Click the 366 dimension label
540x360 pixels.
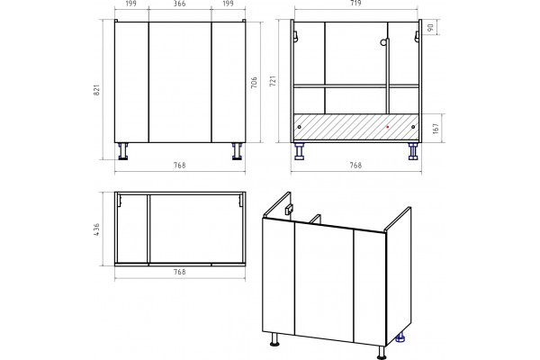tap(179, 4)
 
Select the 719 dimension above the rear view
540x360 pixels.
tap(355, 3)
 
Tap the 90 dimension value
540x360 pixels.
tap(430, 28)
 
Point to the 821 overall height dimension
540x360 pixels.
tap(97, 90)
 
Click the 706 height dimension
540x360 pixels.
tap(254, 82)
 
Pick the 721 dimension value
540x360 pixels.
tap(273, 81)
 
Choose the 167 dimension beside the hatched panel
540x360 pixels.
tap(436, 128)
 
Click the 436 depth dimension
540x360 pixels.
tap(97, 229)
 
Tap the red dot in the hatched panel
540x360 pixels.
tap(387, 127)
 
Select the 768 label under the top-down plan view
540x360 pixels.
tap(179, 272)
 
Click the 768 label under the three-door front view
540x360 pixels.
tap(179, 166)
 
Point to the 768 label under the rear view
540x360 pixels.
tap(355, 166)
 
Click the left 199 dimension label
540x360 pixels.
tap(130, 4)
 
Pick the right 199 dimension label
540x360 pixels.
tap(228, 4)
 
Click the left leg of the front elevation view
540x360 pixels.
tap(123, 151)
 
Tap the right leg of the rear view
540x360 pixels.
tap(413, 151)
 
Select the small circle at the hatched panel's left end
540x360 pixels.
tap(299, 127)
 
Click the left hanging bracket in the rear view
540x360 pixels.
tap(295, 37)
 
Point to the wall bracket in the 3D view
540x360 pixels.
tap(289, 210)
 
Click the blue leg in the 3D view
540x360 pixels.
tap(400, 337)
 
